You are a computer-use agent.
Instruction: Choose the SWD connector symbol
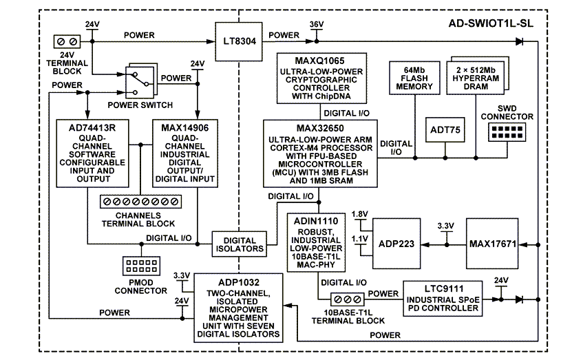[506, 130]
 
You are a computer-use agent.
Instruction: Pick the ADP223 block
[396, 243]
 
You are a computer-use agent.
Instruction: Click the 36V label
[317, 24]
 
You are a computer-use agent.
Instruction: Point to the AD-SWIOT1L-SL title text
[496, 23]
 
